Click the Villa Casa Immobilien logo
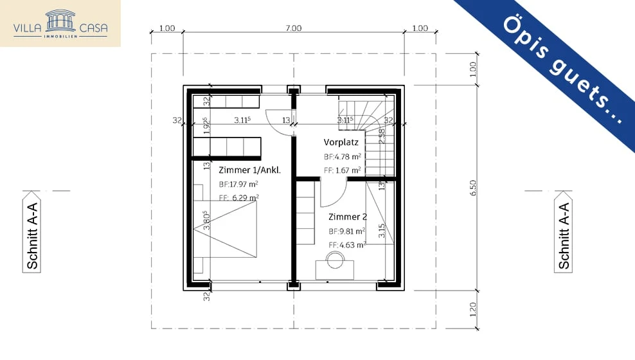coord(60,24)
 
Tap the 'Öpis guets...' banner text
coord(562,70)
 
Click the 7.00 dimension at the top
coord(293,28)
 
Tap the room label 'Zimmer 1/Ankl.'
coord(249,170)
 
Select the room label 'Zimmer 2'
coord(347,217)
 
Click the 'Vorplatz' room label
coord(341,142)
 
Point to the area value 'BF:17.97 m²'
coord(238,184)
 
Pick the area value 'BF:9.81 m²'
coord(346,231)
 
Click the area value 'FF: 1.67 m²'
coord(342,170)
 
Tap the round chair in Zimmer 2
coord(335,260)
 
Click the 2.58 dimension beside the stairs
coord(382,136)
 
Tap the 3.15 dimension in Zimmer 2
coord(382,231)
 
